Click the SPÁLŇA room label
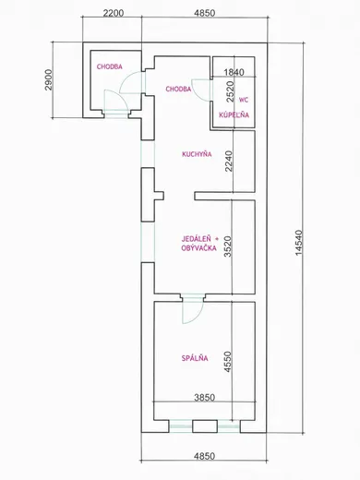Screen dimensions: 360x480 [195, 358]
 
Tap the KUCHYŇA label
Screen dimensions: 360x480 [197, 154]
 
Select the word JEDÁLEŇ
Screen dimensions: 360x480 [197, 238]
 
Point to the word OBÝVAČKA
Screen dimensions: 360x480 [198, 247]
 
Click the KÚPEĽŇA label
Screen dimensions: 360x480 [234, 114]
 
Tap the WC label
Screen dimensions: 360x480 [244, 100]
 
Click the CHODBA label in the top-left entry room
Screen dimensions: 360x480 [110, 66]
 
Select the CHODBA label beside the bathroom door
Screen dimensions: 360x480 [178, 89]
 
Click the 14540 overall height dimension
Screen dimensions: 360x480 [299, 243]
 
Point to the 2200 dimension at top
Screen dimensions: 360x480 [114, 13]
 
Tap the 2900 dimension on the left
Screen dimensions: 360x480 [49, 79]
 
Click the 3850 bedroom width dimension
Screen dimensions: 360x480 [205, 397]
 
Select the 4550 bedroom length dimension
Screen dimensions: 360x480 [227, 362]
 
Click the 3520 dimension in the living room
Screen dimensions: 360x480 [227, 246]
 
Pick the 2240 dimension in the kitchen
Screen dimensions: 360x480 [229, 161]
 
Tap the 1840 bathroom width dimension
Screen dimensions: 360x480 [234, 72]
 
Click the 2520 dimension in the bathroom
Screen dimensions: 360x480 [230, 91]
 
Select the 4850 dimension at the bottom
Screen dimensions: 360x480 [205, 456]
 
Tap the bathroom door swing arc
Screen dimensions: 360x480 [196, 92]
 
